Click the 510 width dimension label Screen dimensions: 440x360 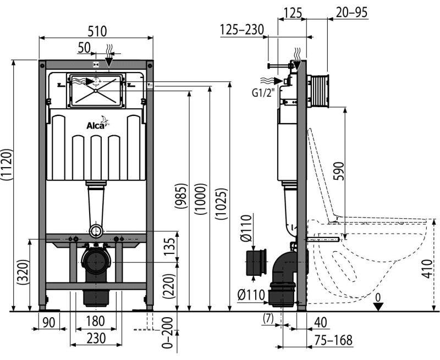click(97, 31)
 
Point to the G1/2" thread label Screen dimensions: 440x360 click(263, 92)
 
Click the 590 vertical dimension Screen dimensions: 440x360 click(338, 171)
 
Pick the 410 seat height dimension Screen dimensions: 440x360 click(427, 269)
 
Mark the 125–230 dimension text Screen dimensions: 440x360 click(241, 30)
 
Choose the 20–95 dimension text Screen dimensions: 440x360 click(351, 13)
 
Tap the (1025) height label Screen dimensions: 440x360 click(221, 203)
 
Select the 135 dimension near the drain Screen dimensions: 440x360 click(169, 247)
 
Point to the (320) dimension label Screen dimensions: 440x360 click(23, 273)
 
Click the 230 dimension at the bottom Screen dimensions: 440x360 click(96, 338)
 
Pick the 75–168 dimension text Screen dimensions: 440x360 click(333, 340)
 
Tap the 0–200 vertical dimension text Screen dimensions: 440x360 click(168, 333)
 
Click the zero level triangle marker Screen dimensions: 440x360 click(378, 306)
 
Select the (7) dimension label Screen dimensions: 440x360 click(268, 318)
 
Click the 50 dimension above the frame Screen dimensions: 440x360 click(84, 48)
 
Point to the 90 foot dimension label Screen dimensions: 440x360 click(49, 323)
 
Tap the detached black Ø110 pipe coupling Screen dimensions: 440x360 click(256, 262)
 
